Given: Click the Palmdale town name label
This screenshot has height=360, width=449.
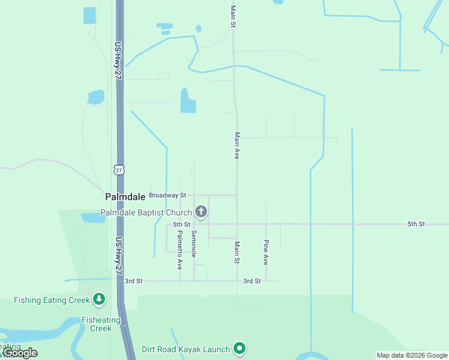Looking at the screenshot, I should coord(125,196).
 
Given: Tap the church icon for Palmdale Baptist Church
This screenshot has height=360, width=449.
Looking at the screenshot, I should coord(201,212).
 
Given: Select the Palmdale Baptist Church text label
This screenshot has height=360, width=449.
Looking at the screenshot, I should coord(146,212).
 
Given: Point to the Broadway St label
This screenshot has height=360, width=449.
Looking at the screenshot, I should coord(167,196).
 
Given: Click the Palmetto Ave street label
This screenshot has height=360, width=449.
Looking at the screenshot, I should coord(179,250).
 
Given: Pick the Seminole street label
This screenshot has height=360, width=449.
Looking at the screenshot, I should coord(194,244).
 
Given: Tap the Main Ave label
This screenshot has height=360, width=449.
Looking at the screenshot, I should coord(237,145).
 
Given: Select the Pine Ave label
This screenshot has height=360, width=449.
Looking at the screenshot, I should coord(265,253).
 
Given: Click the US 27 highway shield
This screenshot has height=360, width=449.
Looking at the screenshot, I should coord(119,170).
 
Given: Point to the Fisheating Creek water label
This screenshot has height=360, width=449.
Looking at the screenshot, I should coord(101,324).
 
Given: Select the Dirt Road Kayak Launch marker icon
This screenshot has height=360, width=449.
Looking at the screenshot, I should coord(240,349).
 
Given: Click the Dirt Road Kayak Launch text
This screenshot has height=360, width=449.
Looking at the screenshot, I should coord(186,349).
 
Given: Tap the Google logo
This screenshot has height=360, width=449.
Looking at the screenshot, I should coord(20,353).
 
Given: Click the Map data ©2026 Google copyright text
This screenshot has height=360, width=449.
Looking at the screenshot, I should coord(412,355).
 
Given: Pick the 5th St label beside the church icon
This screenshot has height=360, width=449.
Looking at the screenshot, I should coord(181,224).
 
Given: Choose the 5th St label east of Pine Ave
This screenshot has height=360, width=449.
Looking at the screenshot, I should coord(415,224).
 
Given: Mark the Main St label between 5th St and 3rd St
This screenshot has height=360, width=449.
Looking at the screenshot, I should coord(237,253).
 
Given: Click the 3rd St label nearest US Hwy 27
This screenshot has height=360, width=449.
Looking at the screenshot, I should coord(133,281).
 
